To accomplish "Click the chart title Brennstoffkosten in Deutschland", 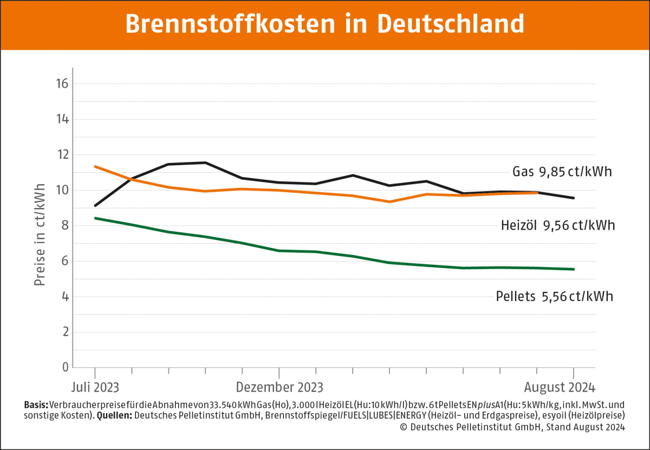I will point(324,24).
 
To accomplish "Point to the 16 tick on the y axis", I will point(61,84).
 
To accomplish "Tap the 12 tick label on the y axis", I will point(61,155).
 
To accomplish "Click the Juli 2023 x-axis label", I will point(95,388).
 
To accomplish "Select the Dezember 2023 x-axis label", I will point(279,388).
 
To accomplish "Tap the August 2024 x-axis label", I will point(560,388).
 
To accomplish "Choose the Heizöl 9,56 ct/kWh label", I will point(558,225).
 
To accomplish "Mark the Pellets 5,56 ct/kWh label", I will point(555,297).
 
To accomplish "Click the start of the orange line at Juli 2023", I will point(95,166).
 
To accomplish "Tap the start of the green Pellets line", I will point(95,218).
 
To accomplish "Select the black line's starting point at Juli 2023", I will point(95,206).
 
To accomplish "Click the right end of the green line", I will point(574,269).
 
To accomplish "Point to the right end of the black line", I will point(574,198).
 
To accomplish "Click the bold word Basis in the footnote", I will point(36,405).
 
